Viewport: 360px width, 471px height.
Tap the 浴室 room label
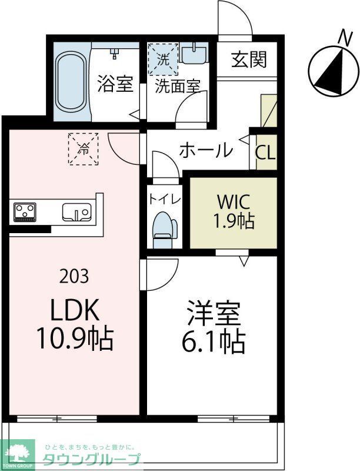(115, 84)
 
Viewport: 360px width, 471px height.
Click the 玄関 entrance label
(248, 59)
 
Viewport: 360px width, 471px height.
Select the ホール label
(206, 151)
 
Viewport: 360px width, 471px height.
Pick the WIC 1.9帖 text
(235, 211)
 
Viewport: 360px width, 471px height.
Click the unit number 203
(75, 275)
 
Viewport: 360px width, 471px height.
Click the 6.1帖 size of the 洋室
(213, 341)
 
